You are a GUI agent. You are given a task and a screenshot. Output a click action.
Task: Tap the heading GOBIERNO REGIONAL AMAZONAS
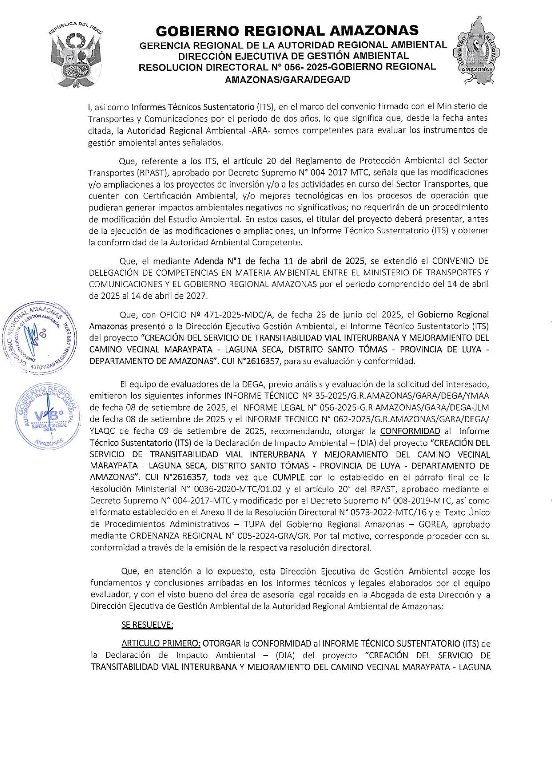(x=288, y=30)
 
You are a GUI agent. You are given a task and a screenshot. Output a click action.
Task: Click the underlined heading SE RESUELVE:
(x=147, y=625)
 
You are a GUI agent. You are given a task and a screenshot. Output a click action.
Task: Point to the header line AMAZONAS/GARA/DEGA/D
(x=288, y=80)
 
